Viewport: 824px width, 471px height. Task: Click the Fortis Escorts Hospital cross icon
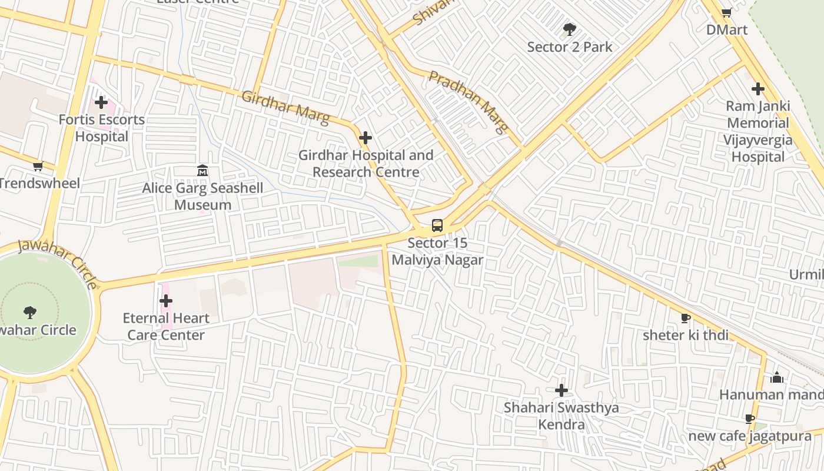point(101,102)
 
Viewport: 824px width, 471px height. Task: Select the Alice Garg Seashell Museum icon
point(202,171)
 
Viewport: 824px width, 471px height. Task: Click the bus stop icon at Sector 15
point(437,225)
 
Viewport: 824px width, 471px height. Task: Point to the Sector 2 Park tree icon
point(569,29)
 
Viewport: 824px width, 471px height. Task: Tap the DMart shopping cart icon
point(726,12)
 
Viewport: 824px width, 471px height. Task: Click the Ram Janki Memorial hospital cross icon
point(757,89)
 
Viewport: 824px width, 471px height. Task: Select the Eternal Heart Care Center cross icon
point(166,301)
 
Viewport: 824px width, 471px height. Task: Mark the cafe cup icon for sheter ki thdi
point(685,318)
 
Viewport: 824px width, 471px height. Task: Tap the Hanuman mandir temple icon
point(777,377)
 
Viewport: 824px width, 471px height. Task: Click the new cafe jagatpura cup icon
point(749,419)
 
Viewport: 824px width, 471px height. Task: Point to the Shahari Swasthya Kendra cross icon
point(561,390)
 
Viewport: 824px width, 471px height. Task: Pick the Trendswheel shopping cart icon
point(38,167)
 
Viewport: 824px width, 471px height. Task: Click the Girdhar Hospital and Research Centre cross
point(366,138)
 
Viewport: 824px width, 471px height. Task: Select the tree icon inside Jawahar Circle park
point(30,312)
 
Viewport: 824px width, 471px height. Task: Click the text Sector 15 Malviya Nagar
point(437,251)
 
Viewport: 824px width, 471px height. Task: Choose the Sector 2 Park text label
point(569,47)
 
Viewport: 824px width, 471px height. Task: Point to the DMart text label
point(726,30)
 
